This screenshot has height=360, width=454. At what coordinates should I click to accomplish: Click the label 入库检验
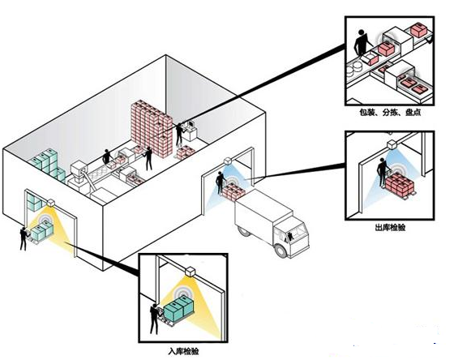pyautogui.click(x=183, y=352)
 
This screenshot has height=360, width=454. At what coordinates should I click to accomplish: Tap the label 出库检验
pyautogui.click(x=390, y=228)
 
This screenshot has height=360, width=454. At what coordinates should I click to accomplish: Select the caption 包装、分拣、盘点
pyautogui.click(x=390, y=113)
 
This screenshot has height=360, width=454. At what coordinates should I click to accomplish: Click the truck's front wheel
pyautogui.click(x=281, y=251)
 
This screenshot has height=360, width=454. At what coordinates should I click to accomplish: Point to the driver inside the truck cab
pyautogui.click(x=290, y=237)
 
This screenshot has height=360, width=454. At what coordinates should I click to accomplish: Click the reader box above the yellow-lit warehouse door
pyautogui.click(x=50, y=203)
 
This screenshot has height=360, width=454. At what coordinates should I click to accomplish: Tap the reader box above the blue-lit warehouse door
pyautogui.click(x=228, y=161)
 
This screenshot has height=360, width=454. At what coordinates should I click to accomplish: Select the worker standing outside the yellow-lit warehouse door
pyautogui.click(x=24, y=238)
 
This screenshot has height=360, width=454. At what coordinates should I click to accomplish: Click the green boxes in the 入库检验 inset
pyautogui.click(x=178, y=310)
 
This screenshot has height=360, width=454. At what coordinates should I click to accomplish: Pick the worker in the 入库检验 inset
pyautogui.click(x=155, y=319)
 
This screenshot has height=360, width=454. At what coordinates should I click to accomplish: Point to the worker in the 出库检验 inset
pyautogui.click(x=382, y=172)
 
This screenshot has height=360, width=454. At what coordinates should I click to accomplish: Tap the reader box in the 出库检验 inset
pyautogui.click(x=392, y=144)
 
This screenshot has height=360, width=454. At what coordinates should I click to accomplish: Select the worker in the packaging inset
pyautogui.click(x=362, y=43)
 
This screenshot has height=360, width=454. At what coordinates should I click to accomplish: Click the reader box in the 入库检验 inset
pyautogui.click(x=191, y=272)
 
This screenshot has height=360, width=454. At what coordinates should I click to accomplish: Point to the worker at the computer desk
pyautogui.click(x=179, y=134)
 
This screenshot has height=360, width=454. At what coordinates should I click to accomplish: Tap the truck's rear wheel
pyautogui.click(x=243, y=231)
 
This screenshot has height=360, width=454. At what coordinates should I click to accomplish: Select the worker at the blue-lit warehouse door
pyautogui.click(x=221, y=182)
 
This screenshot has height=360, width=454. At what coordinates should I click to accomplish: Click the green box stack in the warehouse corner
pyautogui.click(x=47, y=165)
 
